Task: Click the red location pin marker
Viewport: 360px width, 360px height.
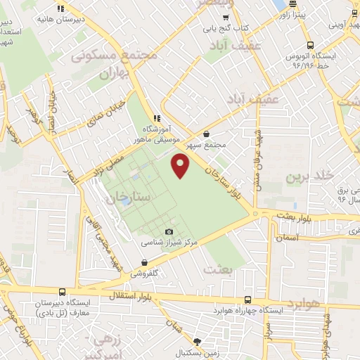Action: pos(181,166)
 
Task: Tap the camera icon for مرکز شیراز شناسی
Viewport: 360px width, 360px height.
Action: pos(169,232)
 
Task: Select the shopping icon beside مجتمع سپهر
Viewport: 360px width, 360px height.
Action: pos(205,134)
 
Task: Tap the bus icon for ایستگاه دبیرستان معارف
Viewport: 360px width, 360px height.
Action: pos(62,292)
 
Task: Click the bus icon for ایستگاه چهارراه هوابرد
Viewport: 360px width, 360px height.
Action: pos(247,299)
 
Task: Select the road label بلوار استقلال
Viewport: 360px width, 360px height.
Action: pos(131,295)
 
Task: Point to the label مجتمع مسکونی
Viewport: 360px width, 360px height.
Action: pos(105,54)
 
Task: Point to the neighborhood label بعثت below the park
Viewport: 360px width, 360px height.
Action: pos(214,268)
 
